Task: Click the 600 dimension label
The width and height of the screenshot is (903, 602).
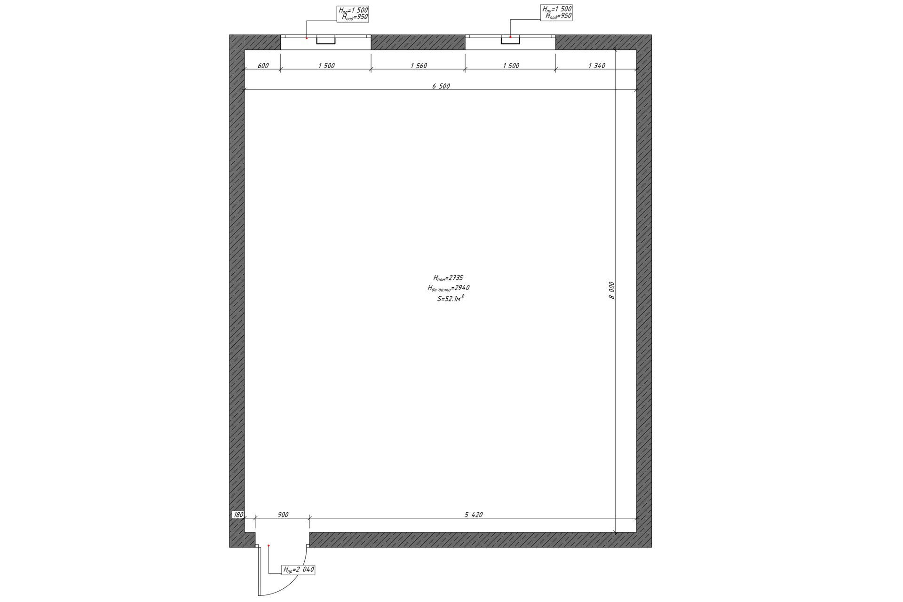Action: click(x=263, y=66)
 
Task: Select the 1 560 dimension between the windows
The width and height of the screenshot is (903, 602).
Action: click(x=419, y=66)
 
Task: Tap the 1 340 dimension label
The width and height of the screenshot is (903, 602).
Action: click(x=597, y=66)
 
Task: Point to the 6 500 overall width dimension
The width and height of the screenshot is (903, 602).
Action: click(x=441, y=86)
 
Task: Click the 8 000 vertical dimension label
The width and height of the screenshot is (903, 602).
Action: click(x=611, y=290)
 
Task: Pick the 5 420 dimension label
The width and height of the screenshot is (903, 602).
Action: click(x=474, y=515)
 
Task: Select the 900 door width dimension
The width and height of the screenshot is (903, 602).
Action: click(x=283, y=515)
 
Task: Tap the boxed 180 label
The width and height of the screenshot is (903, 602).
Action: click(x=238, y=515)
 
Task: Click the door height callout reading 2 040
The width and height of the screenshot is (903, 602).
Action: click(x=298, y=570)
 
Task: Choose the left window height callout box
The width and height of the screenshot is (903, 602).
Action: click(x=353, y=14)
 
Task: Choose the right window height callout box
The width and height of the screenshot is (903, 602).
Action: click(x=557, y=13)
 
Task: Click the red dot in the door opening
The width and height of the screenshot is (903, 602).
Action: click(x=269, y=546)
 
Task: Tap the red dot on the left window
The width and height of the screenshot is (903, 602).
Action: click(x=307, y=38)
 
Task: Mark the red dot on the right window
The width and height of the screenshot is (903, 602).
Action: click(x=510, y=37)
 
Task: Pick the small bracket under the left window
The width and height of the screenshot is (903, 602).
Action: click(x=325, y=40)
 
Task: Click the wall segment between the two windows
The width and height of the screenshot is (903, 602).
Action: click(x=418, y=42)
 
